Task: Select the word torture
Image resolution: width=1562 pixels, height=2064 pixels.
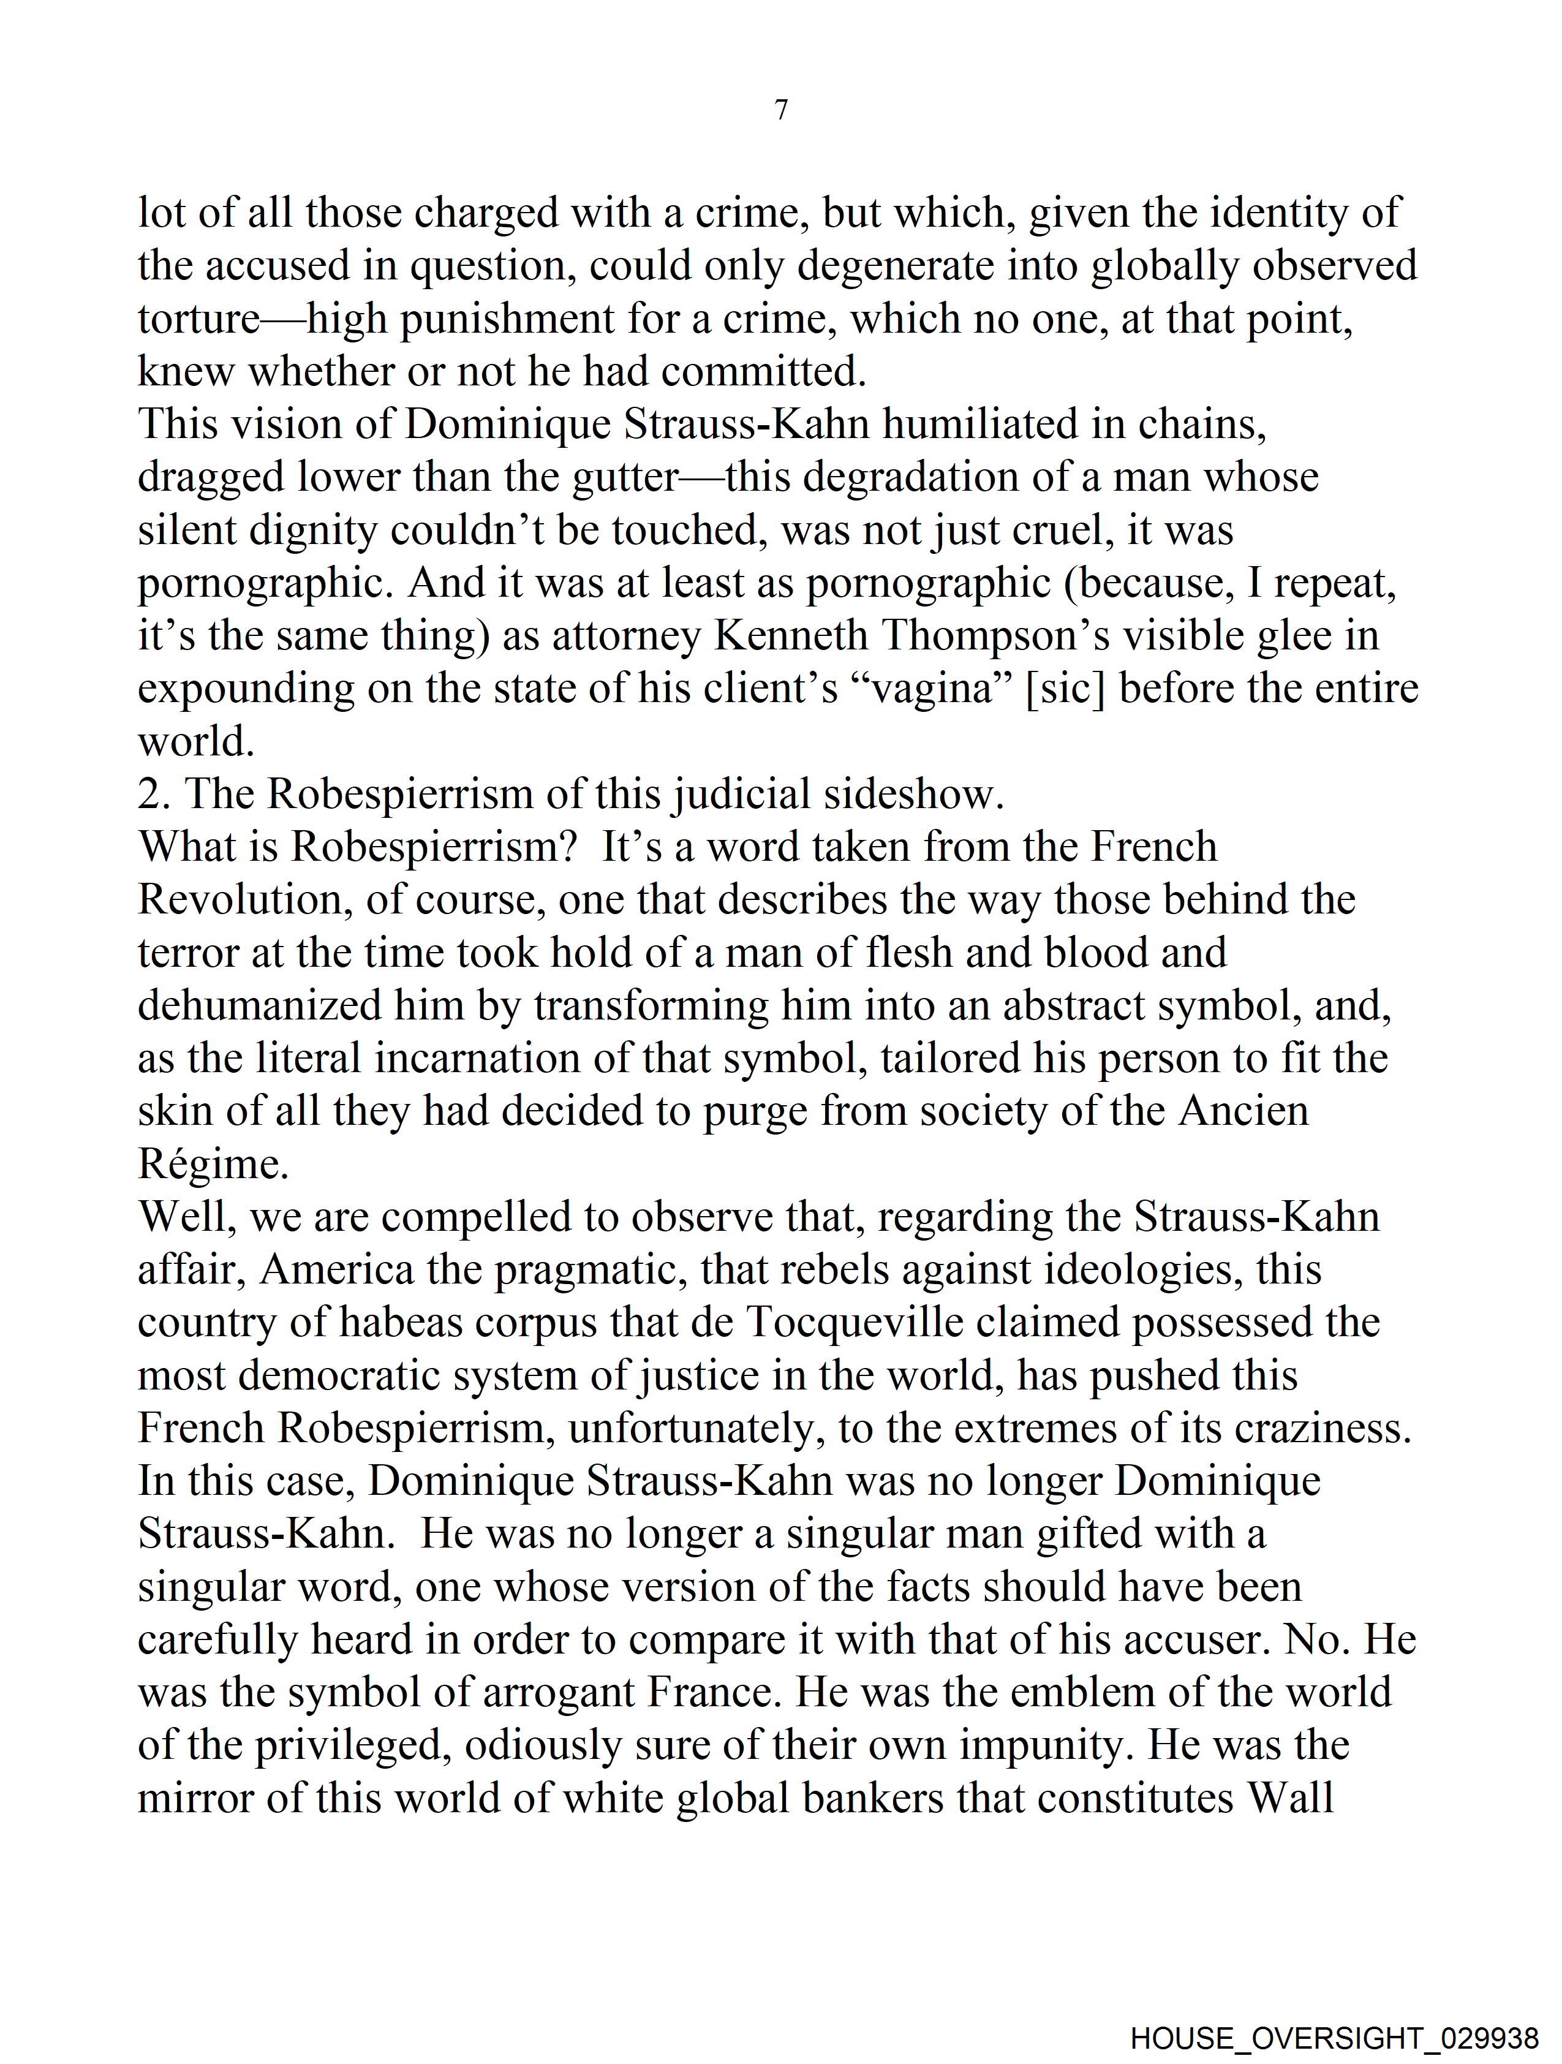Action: point(198,319)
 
